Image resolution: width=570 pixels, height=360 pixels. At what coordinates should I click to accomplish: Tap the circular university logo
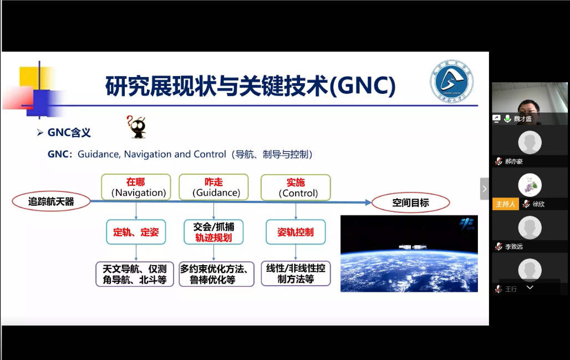pyautogui.click(x=451, y=83)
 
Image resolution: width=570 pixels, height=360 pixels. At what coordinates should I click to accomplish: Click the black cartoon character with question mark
pyautogui.click(x=136, y=128)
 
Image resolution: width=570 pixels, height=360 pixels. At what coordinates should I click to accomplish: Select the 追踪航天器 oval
pyautogui.click(x=51, y=202)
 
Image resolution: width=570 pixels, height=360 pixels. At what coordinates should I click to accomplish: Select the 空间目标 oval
pyautogui.click(x=410, y=202)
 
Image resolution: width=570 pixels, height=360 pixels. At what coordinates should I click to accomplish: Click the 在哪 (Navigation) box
pyautogui.click(x=136, y=187)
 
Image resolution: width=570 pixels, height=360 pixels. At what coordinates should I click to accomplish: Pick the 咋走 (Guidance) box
pyautogui.click(x=213, y=187)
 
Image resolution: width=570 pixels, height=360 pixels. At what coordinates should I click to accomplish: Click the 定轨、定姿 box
pyautogui.click(x=136, y=232)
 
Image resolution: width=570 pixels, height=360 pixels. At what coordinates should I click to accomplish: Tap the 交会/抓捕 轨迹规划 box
pyautogui.click(x=213, y=232)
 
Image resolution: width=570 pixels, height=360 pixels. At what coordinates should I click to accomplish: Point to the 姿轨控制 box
pyautogui.click(x=296, y=232)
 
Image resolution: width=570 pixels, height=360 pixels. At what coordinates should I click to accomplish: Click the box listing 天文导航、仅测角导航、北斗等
pyautogui.click(x=135, y=274)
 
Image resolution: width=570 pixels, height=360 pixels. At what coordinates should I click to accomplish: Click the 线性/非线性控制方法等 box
pyautogui.click(x=296, y=274)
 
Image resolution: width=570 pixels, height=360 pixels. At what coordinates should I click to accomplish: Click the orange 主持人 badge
pyautogui.click(x=505, y=204)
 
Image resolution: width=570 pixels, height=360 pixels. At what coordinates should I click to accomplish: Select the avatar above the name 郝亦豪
pyautogui.click(x=530, y=143)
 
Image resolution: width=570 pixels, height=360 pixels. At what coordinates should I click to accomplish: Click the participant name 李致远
pyautogui.click(x=513, y=246)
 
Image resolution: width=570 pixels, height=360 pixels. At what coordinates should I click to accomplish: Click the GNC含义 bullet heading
pyautogui.click(x=69, y=133)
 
